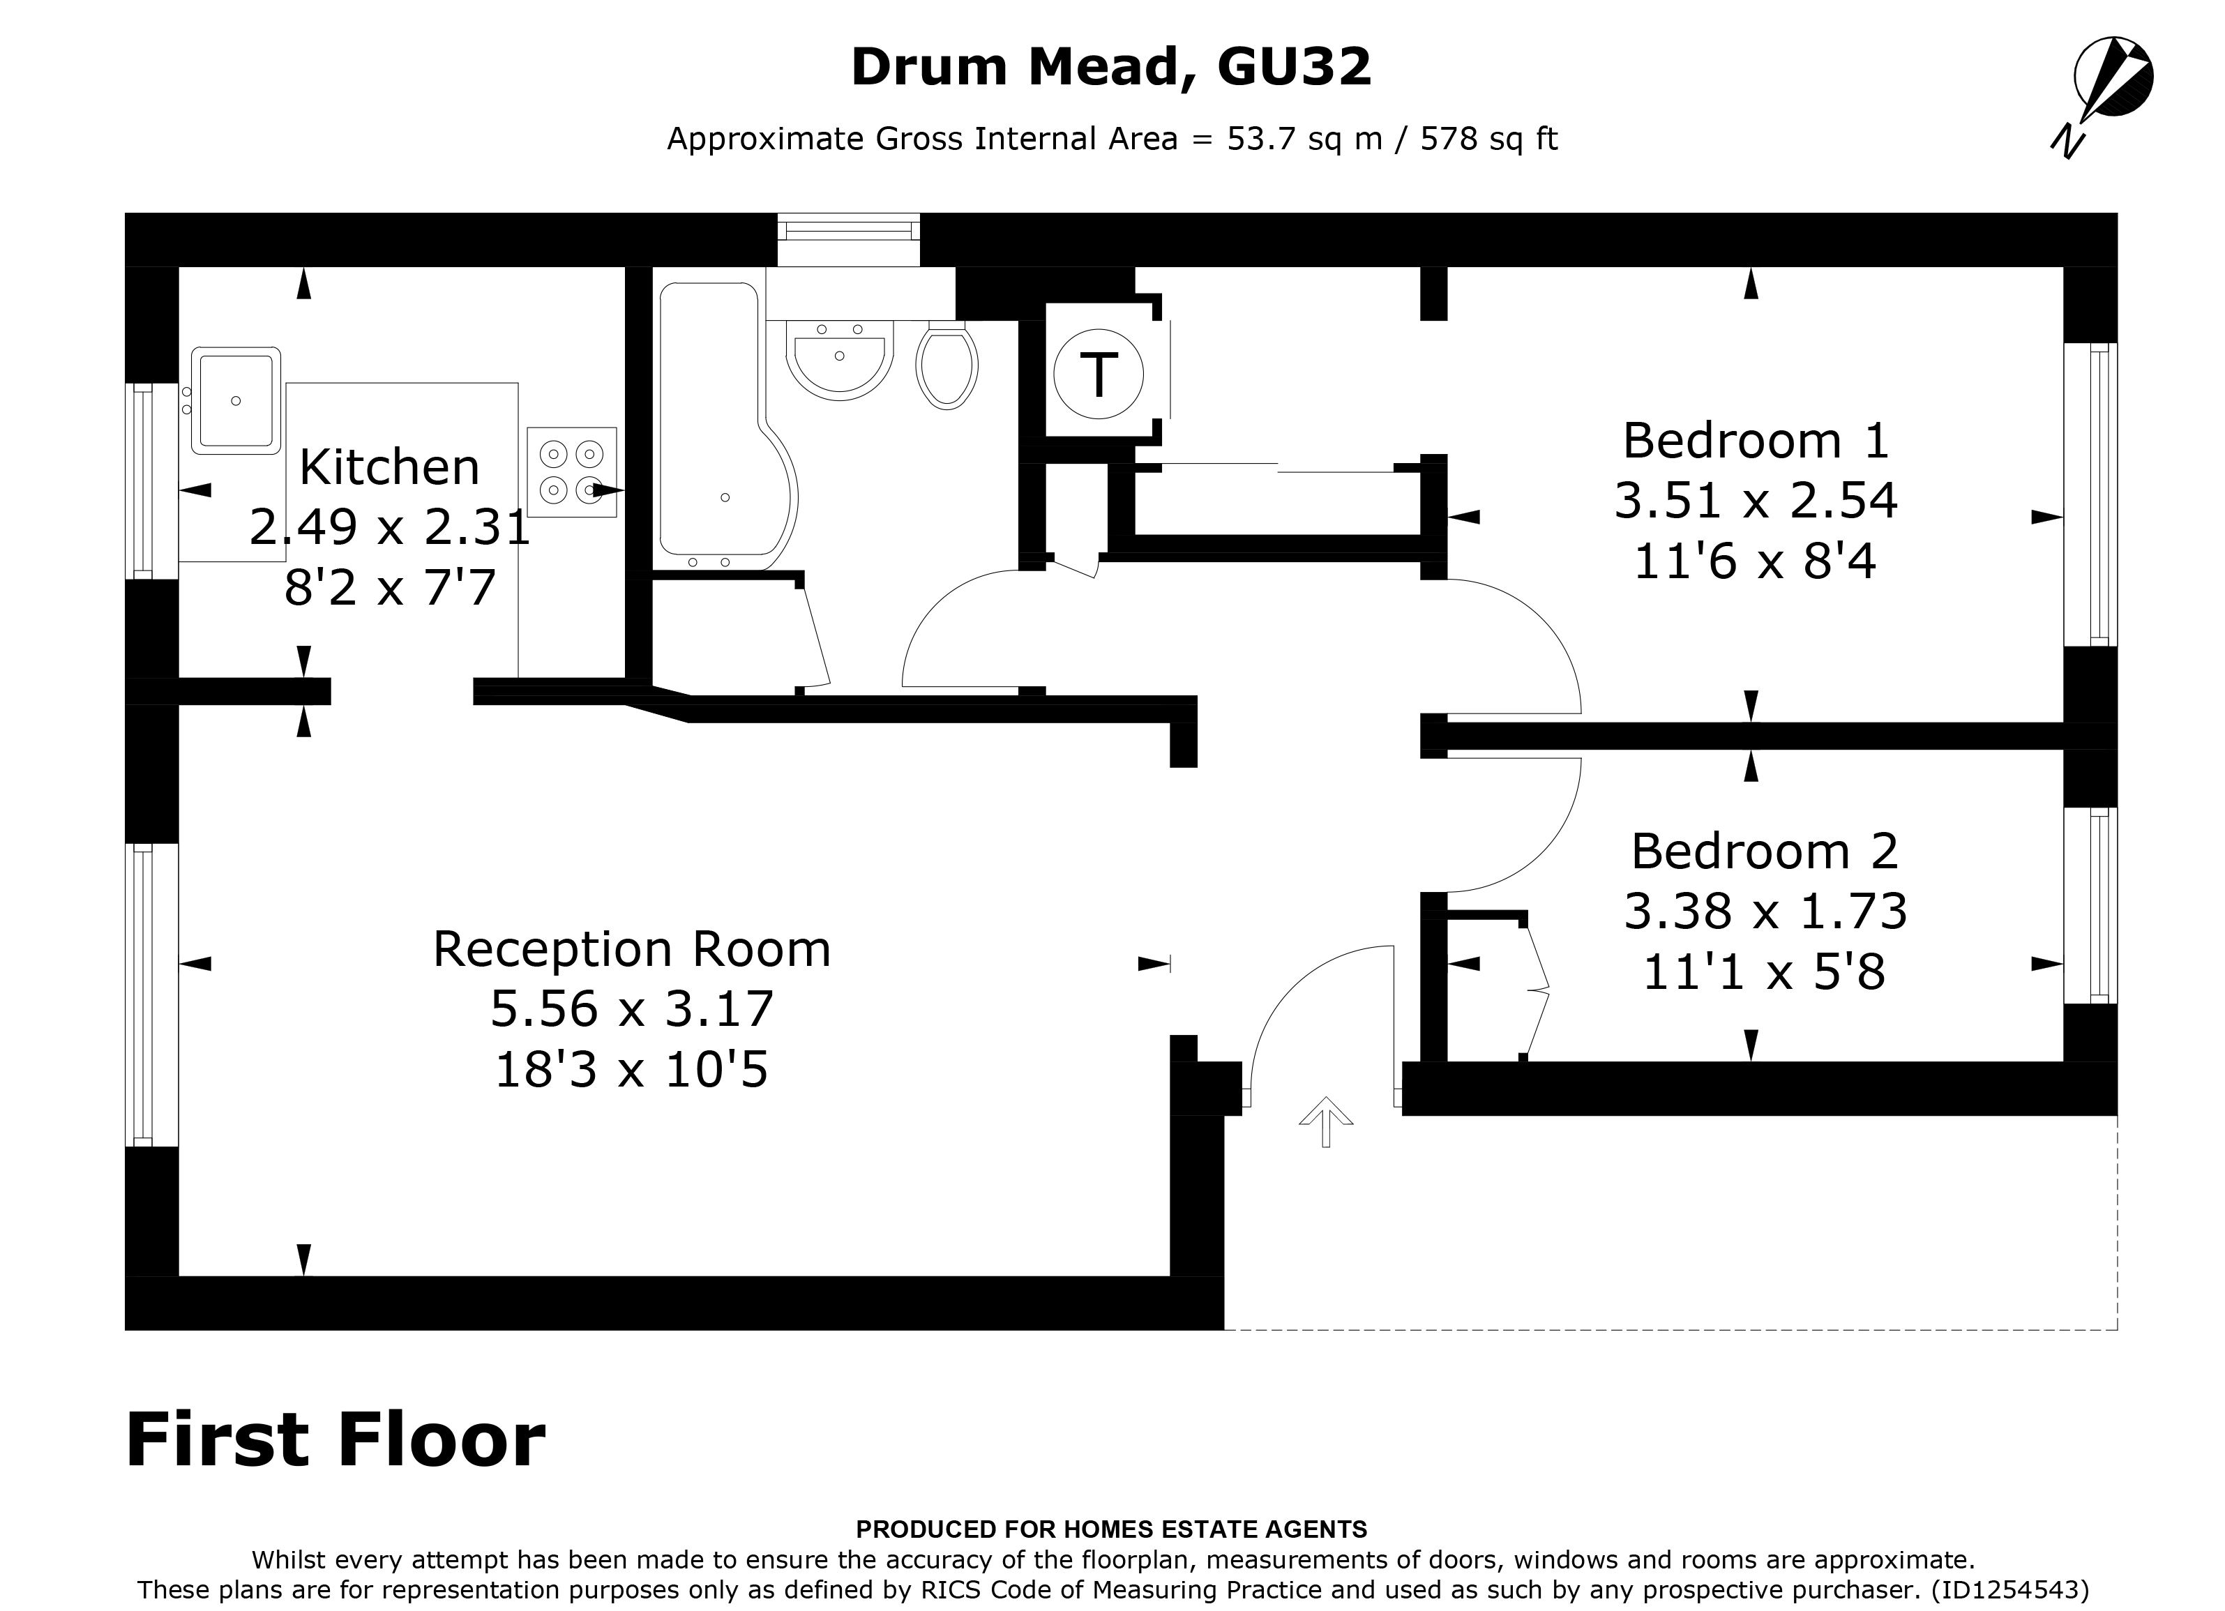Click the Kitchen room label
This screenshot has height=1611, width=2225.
point(389,467)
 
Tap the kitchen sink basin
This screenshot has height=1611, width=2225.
point(236,400)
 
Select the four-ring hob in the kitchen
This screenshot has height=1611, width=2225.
point(572,472)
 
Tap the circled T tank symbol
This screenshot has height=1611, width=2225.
point(1098,374)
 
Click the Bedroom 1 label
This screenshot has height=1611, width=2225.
point(1755,441)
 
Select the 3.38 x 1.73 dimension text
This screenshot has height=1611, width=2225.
point(1765,912)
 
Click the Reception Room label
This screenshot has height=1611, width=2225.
point(632,948)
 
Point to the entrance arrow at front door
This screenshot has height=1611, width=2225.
point(1327,1121)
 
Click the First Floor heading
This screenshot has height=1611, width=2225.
point(335,1440)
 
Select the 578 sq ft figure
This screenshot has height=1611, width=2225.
point(1488,139)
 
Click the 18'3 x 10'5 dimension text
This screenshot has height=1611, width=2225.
point(632,1069)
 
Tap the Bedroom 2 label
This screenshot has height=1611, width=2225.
point(1765,851)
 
